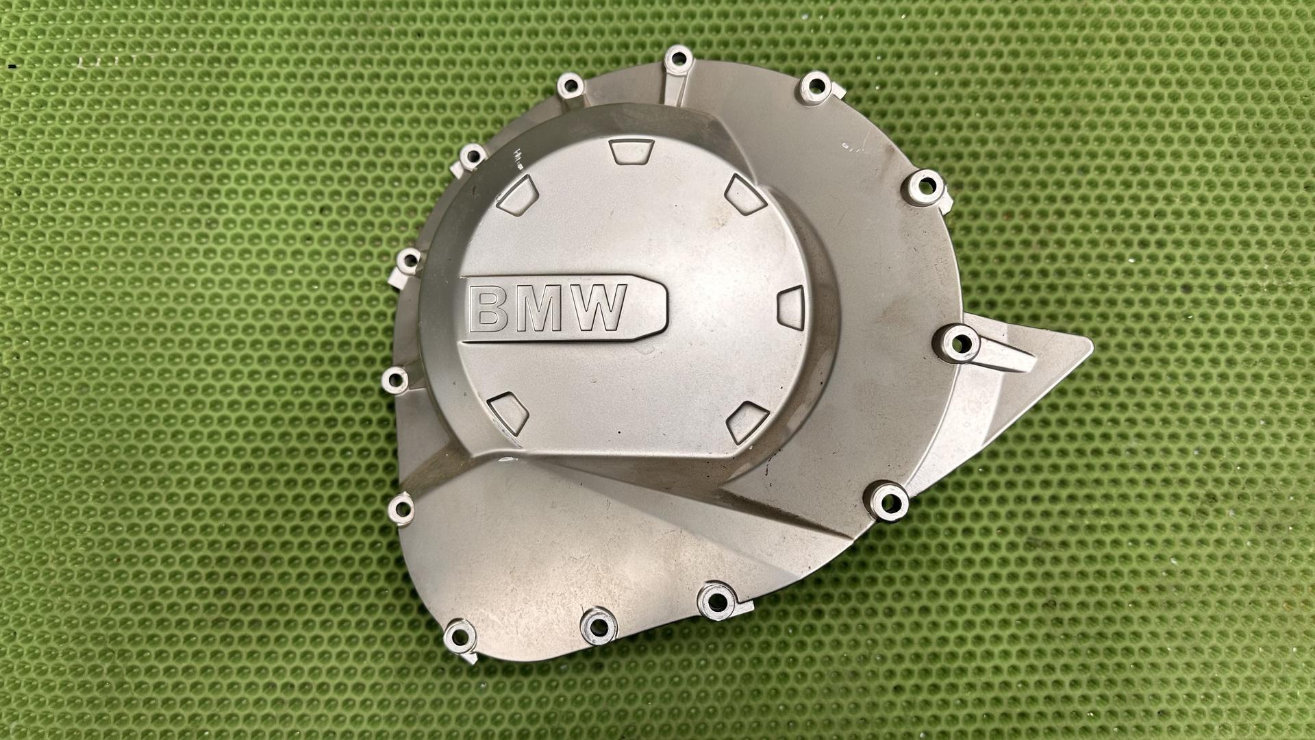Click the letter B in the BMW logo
(x=488, y=308)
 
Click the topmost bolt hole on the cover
(x=678, y=59)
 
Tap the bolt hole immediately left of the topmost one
(x=570, y=86)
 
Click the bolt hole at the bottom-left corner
(x=460, y=637)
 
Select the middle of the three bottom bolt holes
(x=598, y=626)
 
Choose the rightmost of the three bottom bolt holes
(x=716, y=601)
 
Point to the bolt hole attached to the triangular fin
(x=957, y=343)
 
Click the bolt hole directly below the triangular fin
(x=889, y=502)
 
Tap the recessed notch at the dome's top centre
(x=631, y=150)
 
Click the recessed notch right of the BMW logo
(x=792, y=308)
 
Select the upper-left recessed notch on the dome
(x=518, y=195)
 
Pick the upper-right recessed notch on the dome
(x=745, y=193)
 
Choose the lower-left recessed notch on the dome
(x=508, y=413)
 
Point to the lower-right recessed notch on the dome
(x=747, y=421)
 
